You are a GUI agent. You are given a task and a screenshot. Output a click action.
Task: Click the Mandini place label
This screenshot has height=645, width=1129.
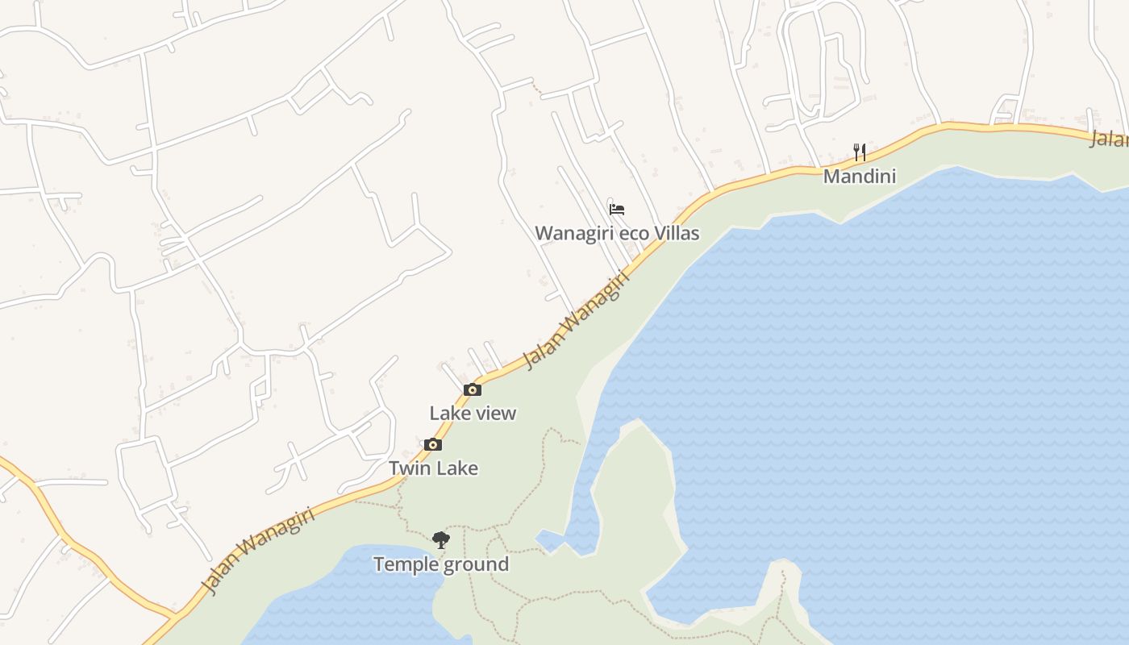pyautogui.click(x=859, y=176)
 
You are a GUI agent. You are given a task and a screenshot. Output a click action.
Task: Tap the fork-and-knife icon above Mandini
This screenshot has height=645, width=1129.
pyautogui.click(x=860, y=152)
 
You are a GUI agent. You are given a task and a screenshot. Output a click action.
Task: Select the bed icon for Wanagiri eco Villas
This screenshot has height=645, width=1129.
pyautogui.click(x=617, y=210)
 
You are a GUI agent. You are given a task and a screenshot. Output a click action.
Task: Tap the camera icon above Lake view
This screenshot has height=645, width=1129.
pyautogui.click(x=473, y=390)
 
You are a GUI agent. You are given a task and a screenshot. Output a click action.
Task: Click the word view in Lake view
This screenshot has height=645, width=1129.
pyautogui.click(x=494, y=413)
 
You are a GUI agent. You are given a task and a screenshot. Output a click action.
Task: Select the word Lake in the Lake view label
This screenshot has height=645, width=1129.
pyautogui.click(x=449, y=413)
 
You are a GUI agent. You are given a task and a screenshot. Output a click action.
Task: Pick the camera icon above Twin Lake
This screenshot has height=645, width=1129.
pyautogui.click(x=433, y=445)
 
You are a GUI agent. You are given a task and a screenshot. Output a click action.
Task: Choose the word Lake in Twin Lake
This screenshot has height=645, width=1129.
pyautogui.click(x=456, y=468)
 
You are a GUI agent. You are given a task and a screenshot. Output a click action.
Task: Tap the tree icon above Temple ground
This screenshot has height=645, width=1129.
pyautogui.click(x=440, y=540)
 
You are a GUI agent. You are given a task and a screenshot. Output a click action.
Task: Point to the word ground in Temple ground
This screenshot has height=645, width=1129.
pyautogui.click(x=477, y=564)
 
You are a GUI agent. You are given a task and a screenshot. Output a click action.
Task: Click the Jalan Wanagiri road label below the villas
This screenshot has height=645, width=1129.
pyautogui.click(x=576, y=320)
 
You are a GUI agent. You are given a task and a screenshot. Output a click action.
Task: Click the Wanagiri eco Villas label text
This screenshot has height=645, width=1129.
pyautogui.click(x=617, y=233)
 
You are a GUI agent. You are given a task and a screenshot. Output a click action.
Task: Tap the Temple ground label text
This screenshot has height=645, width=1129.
pyautogui.click(x=441, y=564)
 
